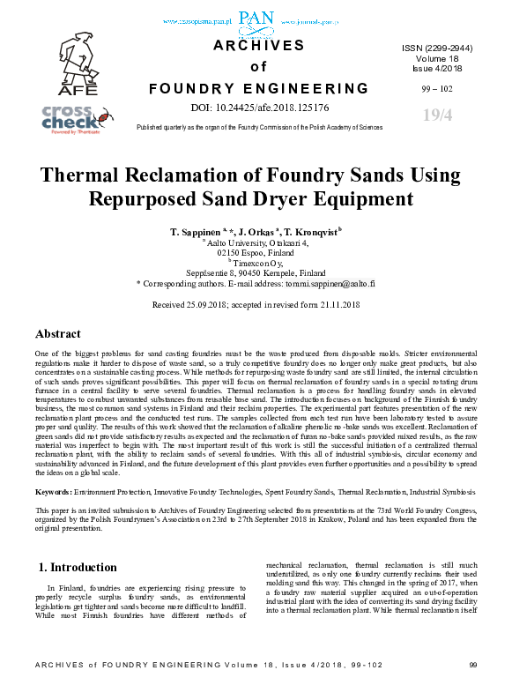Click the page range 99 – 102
coord(437,88)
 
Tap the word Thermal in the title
coord(92,174)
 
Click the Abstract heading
coord(58,334)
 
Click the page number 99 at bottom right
coord(472,689)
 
